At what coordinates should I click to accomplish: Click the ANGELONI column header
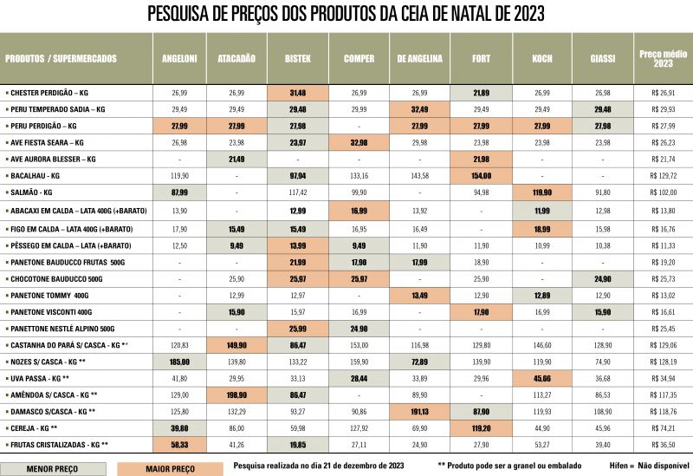coord(180,58)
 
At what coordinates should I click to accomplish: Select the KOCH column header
coord(542,58)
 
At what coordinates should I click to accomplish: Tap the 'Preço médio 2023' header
coord(663,58)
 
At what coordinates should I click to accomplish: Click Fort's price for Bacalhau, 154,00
coord(481,175)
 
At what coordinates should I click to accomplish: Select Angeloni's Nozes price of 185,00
coord(180,362)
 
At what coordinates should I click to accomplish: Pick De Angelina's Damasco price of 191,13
coord(419,412)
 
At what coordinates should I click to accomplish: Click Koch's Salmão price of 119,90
coord(542,192)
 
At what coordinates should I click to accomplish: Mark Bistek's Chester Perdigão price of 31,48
coord(297,92)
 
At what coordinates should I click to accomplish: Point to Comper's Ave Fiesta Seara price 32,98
coord(359,142)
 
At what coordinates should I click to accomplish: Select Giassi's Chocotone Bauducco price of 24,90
coord(603,278)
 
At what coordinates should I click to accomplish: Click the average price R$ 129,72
coord(663,175)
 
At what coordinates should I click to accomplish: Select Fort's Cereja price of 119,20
coord(481,428)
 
